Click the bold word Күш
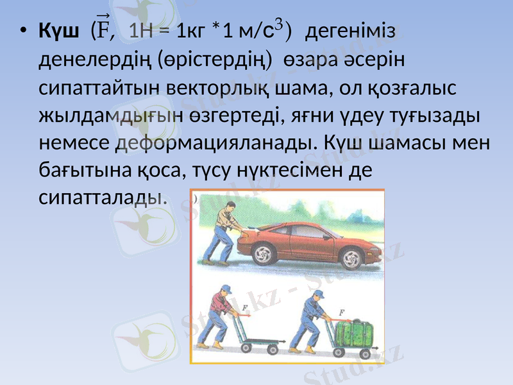tap(59, 30)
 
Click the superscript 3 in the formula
tap(278, 24)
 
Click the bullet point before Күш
tap(23, 31)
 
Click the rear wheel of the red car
tap(264, 255)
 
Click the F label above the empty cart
tap(246, 309)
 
